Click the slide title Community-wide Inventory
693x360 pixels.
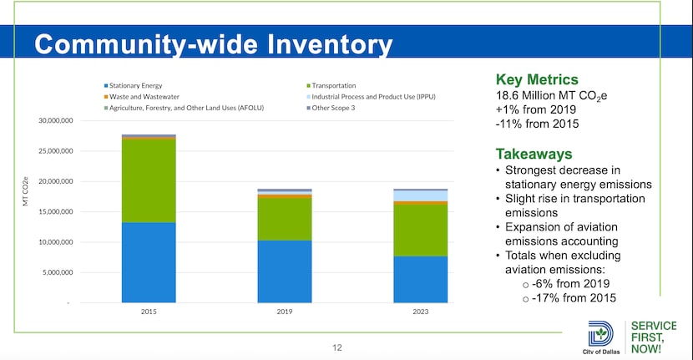(x=213, y=44)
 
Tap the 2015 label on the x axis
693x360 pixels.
(x=149, y=312)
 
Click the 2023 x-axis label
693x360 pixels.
(x=421, y=312)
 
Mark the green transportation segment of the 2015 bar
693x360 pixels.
(x=149, y=180)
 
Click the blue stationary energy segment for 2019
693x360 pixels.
(x=285, y=271)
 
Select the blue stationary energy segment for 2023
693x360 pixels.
(x=421, y=279)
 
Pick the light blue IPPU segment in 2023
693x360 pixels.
(x=421, y=195)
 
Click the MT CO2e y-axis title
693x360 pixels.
(x=26, y=196)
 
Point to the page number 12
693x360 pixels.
(x=338, y=346)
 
